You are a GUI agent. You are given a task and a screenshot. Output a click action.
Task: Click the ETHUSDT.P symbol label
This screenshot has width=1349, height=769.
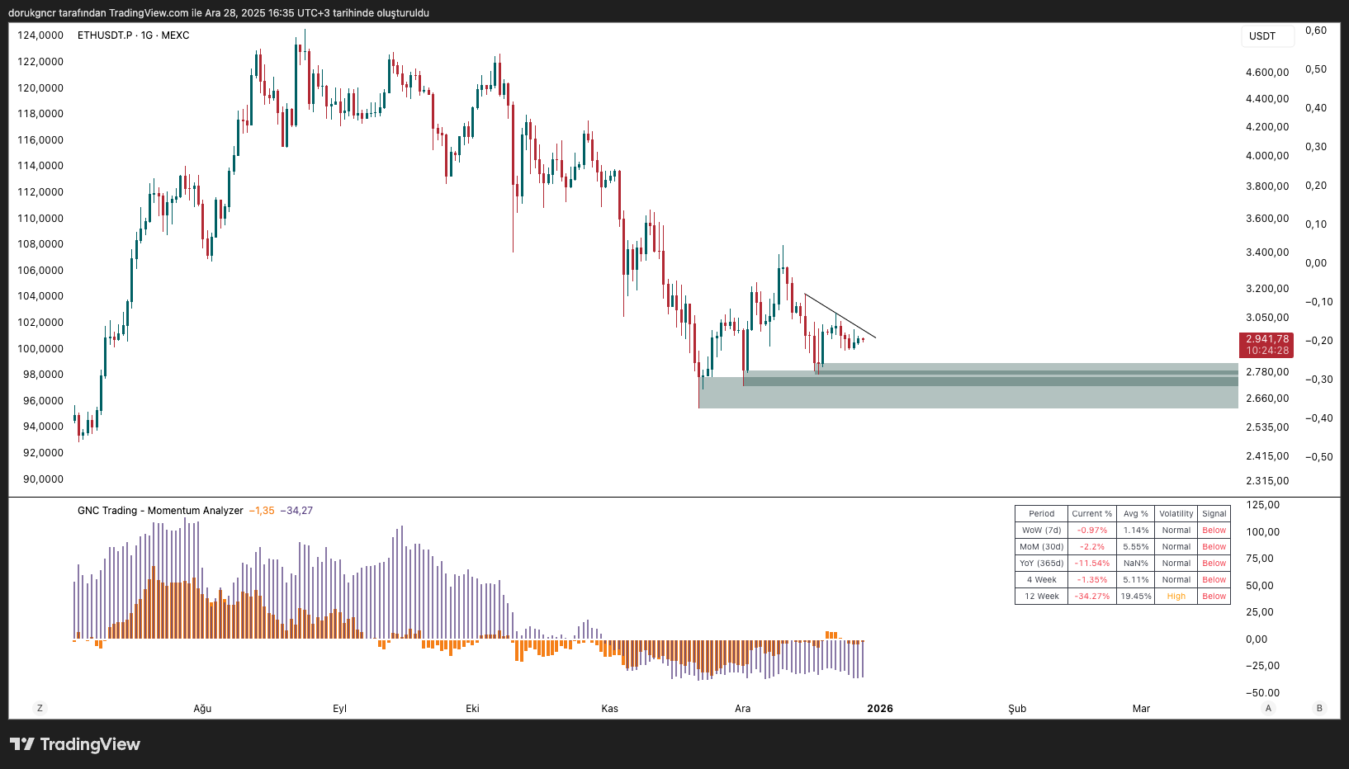pyautogui.click(x=105, y=35)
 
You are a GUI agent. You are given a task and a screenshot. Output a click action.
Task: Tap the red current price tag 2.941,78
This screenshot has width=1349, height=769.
pyautogui.click(x=1266, y=339)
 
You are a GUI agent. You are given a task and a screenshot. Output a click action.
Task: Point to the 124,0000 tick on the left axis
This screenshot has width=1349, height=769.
pyautogui.click(x=40, y=35)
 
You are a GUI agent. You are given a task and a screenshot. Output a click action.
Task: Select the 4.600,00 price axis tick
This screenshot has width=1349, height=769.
pyautogui.click(x=1266, y=73)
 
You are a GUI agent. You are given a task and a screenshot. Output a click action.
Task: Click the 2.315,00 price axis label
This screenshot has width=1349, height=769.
pyautogui.click(x=1266, y=481)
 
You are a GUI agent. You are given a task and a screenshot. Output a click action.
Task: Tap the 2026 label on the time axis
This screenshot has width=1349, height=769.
pyautogui.click(x=879, y=709)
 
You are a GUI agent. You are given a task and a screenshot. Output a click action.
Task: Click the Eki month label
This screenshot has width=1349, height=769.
pyautogui.click(x=472, y=709)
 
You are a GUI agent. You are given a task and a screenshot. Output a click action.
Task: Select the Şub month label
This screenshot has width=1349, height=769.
pyautogui.click(x=1017, y=709)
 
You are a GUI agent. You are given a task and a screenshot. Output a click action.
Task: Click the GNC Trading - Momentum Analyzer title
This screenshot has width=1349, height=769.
pyautogui.click(x=160, y=511)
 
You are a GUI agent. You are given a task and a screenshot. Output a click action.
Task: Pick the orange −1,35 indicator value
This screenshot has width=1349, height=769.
pyautogui.click(x=262, y=511)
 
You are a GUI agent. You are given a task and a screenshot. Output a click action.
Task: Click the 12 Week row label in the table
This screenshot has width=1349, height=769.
pyautogui.click(x=1041, y=597)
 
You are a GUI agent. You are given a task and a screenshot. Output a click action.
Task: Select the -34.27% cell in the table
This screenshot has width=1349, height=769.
pyautogui.click(x=1091, y=597)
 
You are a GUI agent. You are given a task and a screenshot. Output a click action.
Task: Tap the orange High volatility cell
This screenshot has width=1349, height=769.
pyautogui.click(x=1176, y=597)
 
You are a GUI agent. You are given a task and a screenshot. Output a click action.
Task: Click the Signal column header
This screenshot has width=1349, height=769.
pyautogui.click(x=1214, y=514)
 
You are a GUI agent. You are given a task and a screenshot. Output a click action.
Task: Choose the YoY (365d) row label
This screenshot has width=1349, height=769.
pyautogui.click(x=1041, y=564)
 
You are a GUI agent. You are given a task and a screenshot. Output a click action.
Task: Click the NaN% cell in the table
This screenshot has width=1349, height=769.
pyautogui.click(x=1135, y=564)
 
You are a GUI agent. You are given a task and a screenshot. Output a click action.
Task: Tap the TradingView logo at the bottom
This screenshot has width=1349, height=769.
pyautogui.click(x=75, y=744)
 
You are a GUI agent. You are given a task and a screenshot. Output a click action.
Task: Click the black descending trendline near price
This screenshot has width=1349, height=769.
pyautogui.click(x=840, y=316)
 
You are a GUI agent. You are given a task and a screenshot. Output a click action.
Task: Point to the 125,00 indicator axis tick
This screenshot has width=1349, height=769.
pyautogui.click(x=1262, y=505)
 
